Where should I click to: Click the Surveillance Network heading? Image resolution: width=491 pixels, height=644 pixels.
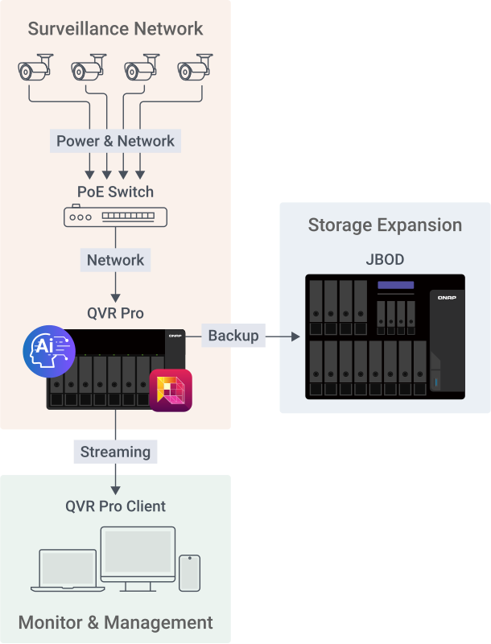(x=115, y=30)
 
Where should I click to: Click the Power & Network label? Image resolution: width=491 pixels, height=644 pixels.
(x=115, y=141)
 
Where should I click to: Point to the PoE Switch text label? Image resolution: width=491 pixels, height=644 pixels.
(x=115, y=192)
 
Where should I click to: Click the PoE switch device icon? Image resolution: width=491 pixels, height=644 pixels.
(x=115, y=216)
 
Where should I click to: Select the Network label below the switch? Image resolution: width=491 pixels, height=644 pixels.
(x=115, y=260)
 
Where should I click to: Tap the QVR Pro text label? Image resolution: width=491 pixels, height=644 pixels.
(x=115, y=313)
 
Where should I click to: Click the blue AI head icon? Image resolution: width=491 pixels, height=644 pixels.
(x=49, y=351)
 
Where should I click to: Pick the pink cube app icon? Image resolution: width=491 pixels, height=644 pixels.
(x=171, y=390)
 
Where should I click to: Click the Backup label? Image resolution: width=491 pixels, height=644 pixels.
(x=233, y=336)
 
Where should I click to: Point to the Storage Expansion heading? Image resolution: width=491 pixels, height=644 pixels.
(x=385, y=225)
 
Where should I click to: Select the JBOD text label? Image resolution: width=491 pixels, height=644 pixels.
(x=385, y=260)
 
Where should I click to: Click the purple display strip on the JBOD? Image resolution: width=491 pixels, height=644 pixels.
(x=395, y=285)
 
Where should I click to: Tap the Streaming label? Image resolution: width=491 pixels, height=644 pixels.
(x=115, y=452)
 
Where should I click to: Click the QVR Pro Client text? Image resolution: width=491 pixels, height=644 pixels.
(x=115, y=506)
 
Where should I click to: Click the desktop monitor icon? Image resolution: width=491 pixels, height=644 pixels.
(x=138, y=556)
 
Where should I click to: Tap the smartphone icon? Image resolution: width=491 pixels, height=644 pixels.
(x=190, y=572)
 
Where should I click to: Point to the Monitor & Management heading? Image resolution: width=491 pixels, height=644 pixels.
(x=115, y=622)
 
